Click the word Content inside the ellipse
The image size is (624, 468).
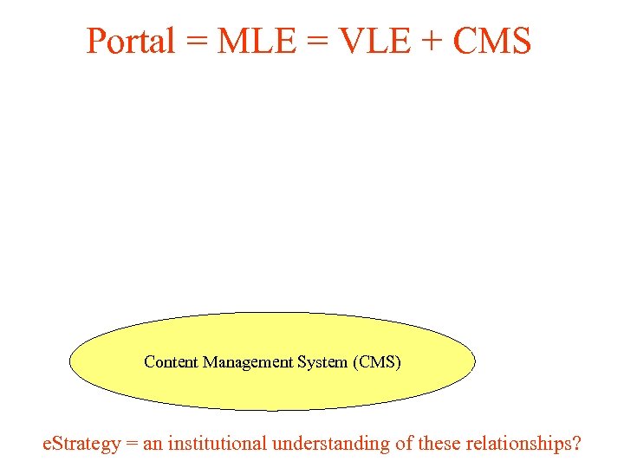click(x=171, y=362)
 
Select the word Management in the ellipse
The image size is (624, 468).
click(x=247, y=362)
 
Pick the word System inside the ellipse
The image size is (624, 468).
click(x=322, y=362)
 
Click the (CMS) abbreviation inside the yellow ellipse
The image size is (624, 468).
click(x=377, y=362)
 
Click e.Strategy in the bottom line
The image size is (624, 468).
click(x=81, y=444)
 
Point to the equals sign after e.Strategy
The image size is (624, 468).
click(x=132, y=445)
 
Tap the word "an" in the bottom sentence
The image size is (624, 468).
click(x=153, y=445)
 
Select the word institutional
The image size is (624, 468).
click(x=218, y=444)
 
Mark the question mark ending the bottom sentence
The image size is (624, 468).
click(x=577, y=444)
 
